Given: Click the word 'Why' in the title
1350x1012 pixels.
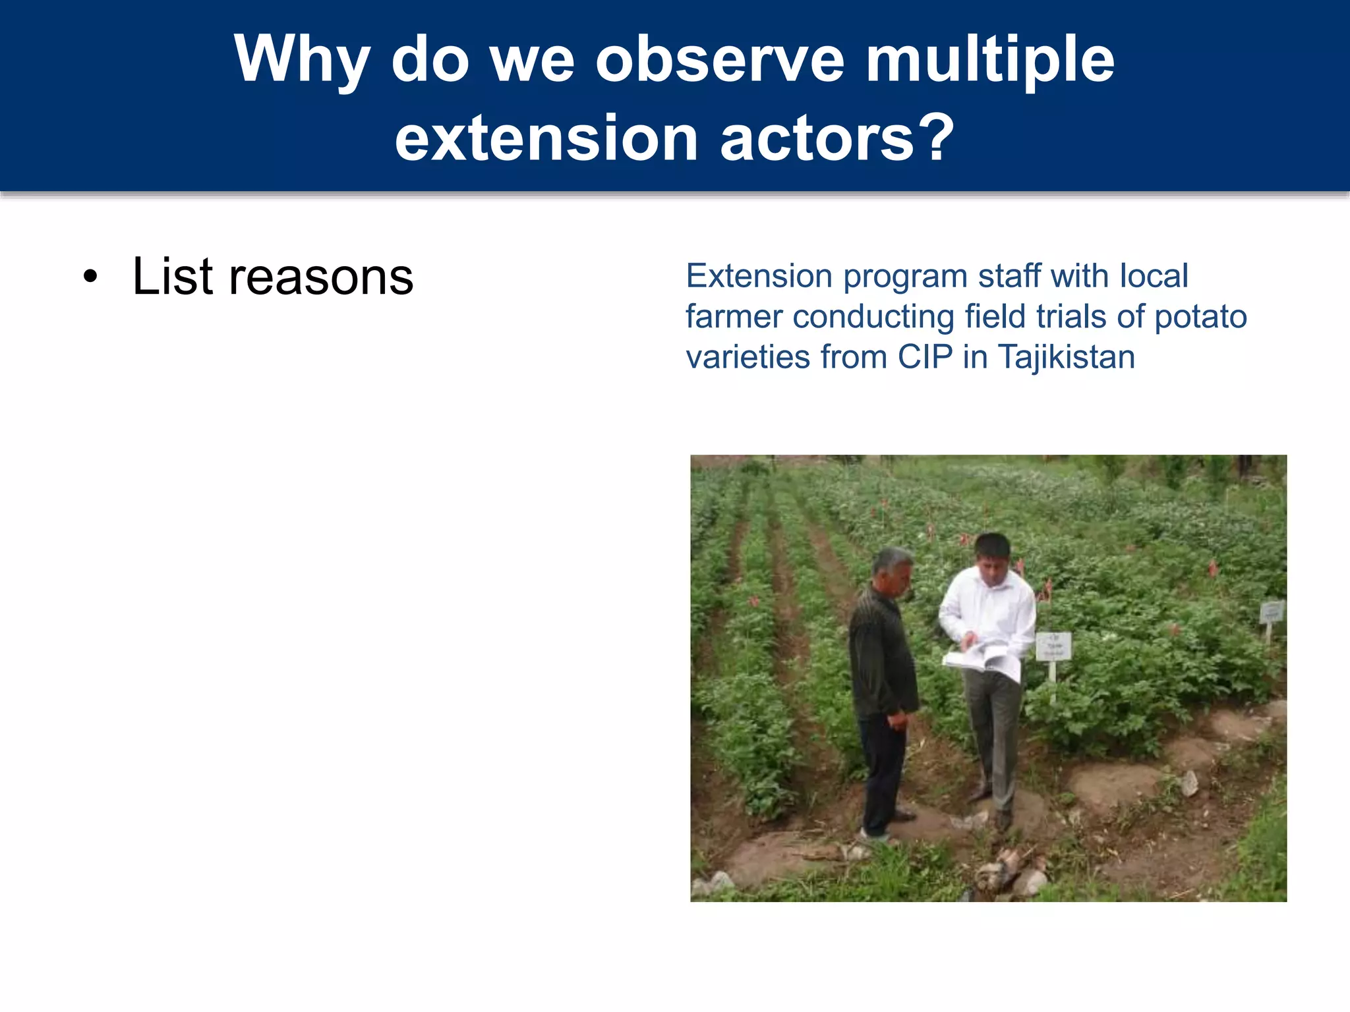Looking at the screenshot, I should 301,60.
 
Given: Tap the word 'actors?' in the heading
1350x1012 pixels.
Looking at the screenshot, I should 837,138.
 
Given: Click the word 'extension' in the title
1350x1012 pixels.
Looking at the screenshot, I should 546,138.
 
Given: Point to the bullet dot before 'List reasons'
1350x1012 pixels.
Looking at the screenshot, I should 91,277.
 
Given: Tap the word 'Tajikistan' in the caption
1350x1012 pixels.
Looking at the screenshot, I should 1066,357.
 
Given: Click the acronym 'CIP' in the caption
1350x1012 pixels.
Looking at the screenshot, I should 925,357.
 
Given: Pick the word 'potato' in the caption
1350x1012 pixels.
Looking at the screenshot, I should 1200,316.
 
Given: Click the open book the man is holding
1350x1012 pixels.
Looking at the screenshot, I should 982,659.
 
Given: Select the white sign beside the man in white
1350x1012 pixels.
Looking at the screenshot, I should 1053,646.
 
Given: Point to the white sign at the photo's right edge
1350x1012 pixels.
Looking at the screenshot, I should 1272,613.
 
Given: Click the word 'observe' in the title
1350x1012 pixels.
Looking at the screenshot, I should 719,60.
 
